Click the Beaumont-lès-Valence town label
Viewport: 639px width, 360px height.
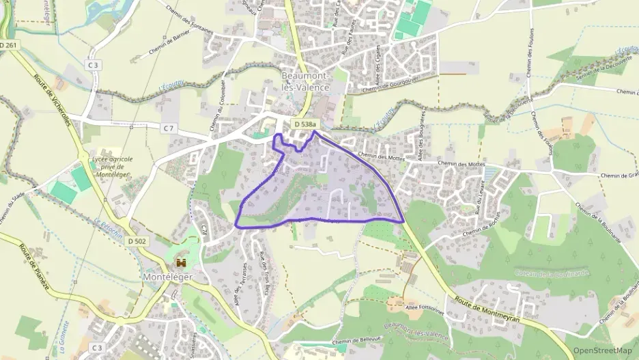305,81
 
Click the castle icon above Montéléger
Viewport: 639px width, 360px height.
182,262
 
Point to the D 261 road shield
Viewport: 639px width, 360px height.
9,45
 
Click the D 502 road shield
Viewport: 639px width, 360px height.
137,241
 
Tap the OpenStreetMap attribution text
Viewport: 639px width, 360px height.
603,350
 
